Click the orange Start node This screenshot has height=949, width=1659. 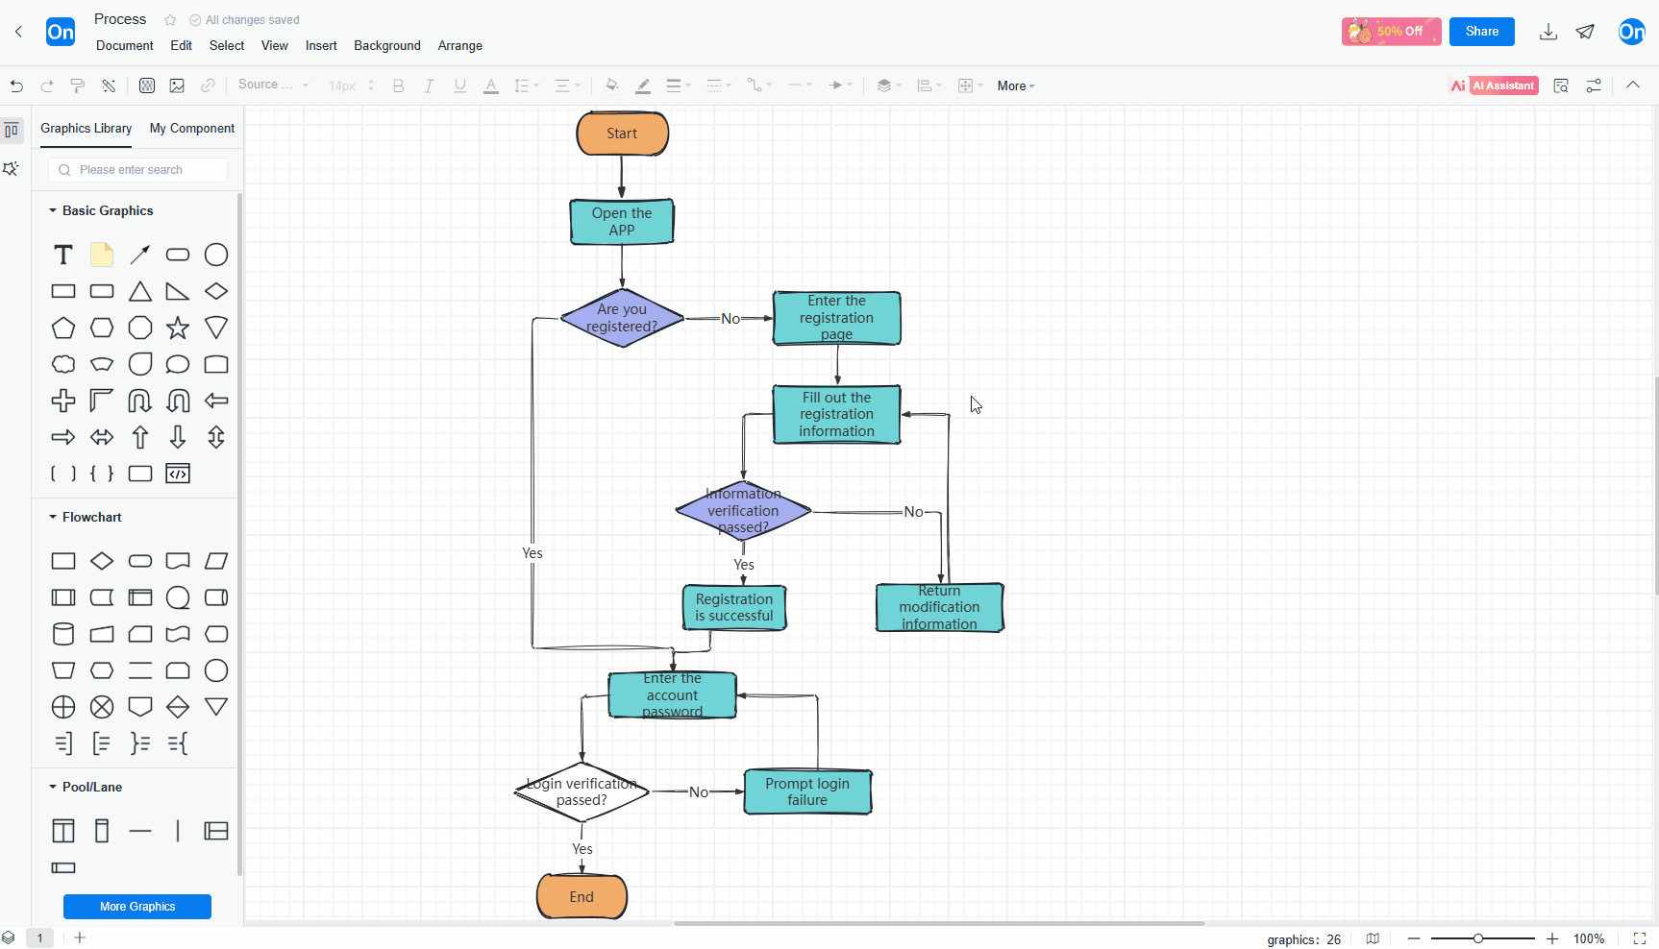point(622,134)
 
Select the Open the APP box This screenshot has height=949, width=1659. point(622,222)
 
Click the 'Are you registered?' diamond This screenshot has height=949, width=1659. point(622,318)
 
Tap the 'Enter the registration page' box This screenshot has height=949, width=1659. point(836,318)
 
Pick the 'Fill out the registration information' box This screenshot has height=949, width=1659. point(836,414)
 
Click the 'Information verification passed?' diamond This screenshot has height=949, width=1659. point(743,511)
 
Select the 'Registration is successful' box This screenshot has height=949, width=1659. point(734,607)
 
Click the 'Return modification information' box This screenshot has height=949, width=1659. point(939,607)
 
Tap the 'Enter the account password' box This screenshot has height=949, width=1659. point(672,695)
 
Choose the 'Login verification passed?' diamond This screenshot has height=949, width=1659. point(582,791)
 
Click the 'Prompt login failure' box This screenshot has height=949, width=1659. point(807,791)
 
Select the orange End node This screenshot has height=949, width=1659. point(582,896)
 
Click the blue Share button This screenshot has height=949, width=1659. point(1481,32)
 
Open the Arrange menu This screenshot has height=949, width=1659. point(459,46)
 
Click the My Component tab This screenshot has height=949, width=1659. point(191,129)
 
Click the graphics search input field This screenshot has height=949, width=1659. point(137,170)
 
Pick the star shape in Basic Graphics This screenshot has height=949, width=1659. point(178,328)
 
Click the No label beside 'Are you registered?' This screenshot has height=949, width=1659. point(730,319)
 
